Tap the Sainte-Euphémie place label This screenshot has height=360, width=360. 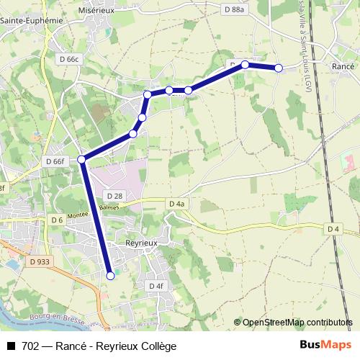click(31, 21)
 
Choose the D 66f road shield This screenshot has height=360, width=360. click(55, 161)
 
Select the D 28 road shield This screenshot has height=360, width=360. click(114, 196)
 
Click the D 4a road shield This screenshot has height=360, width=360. click(177, 204)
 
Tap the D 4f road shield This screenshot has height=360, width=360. click(157, 286)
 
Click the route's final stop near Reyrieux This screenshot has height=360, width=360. click(110, 275)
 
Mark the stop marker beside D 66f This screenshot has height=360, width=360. click(82, 159)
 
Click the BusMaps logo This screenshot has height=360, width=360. click(325, 345)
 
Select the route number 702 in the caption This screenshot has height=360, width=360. click(30, 346)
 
